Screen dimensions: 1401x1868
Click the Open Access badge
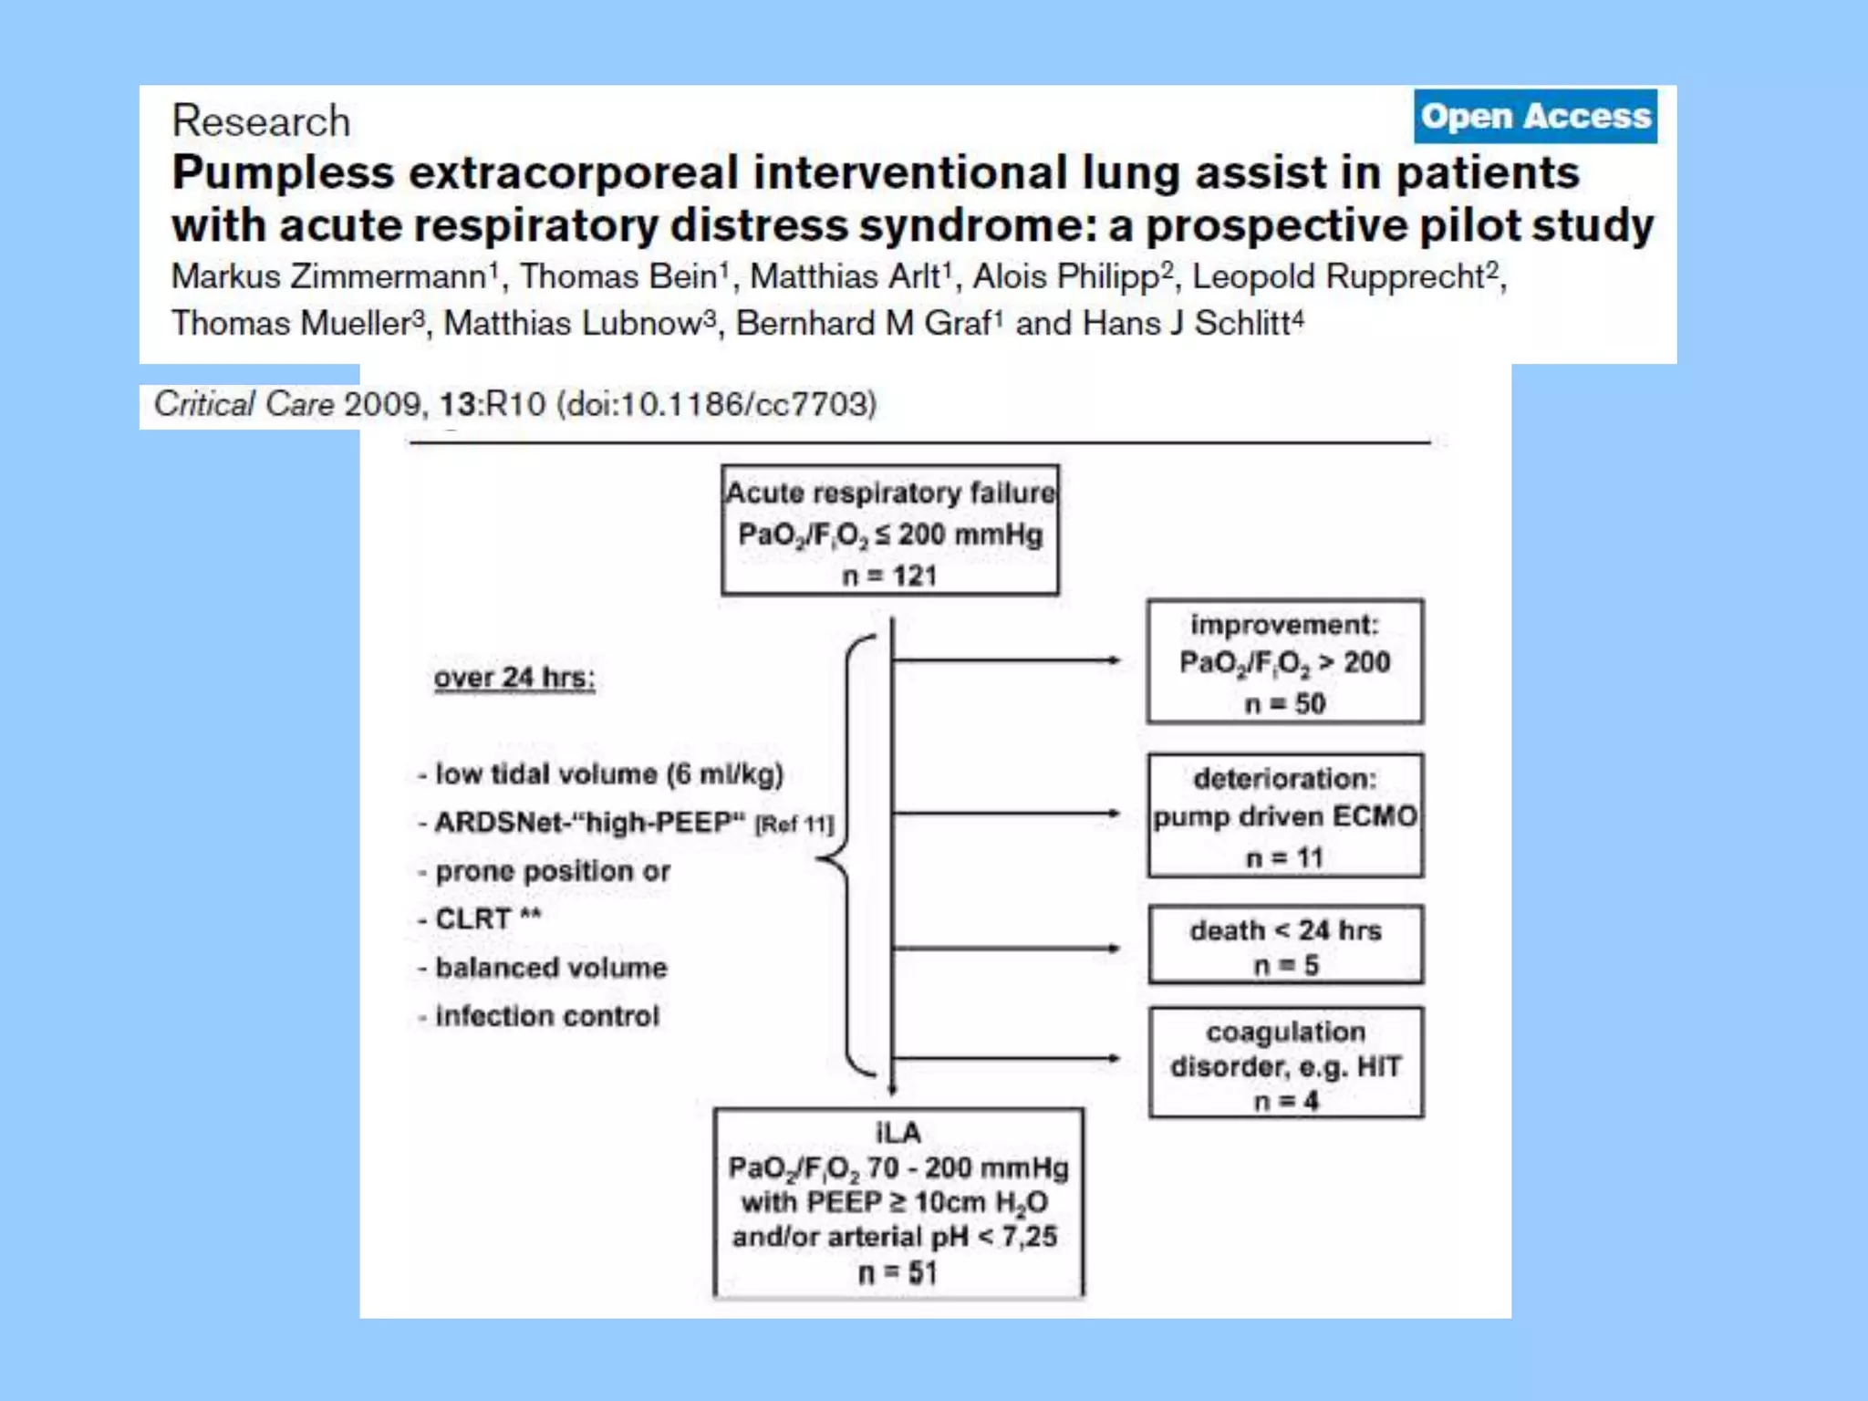coord(1535,116)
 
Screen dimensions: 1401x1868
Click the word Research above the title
coord(261,121)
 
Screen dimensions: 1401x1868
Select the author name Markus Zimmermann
coord(330,277)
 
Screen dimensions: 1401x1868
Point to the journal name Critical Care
coord(244,404)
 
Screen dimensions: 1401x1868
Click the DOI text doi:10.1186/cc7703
coord(721,404)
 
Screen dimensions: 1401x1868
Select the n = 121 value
coord(889,576)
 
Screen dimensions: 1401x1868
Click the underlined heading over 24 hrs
coord(514,678)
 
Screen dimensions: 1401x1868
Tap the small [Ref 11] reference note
coord(794,825)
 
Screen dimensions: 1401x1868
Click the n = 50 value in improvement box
coord(1284,704)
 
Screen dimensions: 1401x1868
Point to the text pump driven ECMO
coord(1285,816)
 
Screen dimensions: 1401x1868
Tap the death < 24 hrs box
coord(1285,944)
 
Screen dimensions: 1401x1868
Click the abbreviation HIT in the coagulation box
coord(1378,1066)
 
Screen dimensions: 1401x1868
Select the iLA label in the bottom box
coord(898,1133)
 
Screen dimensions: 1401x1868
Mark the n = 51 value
coord(898,1272)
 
